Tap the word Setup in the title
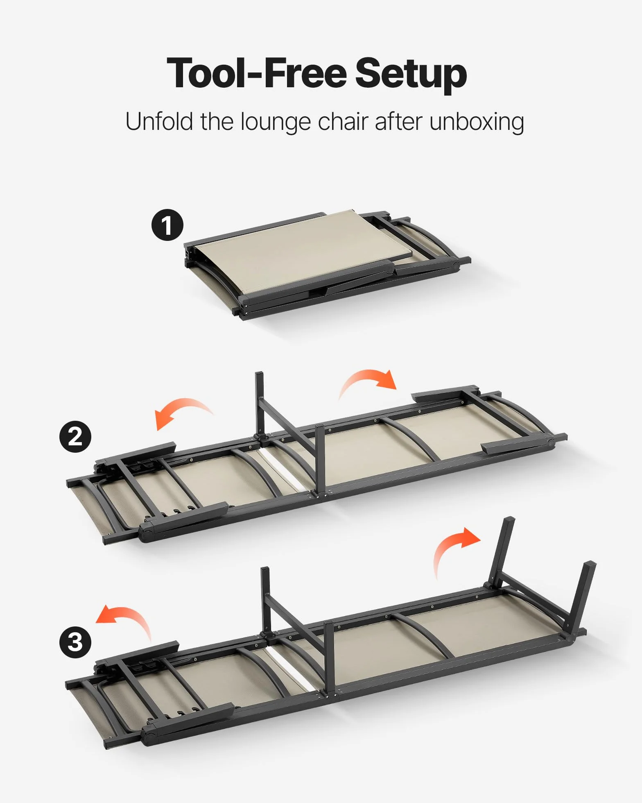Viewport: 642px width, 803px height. pyautogui.click(x=411, y=75)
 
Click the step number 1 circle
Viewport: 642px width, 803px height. pyautogui.click(x=167, y=225)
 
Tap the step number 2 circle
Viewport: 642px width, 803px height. pyautogui.click(x=75, y=437)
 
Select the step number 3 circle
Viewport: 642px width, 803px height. pyautogui.click(x=75, y=642)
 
